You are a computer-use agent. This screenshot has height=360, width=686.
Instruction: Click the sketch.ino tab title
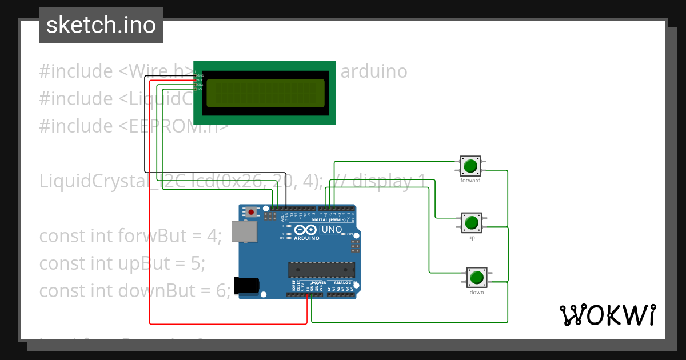(101, 25)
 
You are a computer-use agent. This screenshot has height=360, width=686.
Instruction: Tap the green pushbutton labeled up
(471, 222)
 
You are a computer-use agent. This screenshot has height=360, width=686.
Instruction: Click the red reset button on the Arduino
(251, 212)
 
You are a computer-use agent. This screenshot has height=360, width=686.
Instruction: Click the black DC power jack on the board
(246, 285)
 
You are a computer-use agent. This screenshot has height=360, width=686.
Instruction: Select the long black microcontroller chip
(321, 270)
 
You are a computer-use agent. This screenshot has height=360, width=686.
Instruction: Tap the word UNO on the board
(332, 230)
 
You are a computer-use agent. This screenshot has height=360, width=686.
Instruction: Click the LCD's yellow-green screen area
(265, 93)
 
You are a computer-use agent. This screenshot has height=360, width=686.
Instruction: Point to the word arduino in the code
(374, 71)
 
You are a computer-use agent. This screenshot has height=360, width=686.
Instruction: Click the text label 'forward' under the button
(470, 181)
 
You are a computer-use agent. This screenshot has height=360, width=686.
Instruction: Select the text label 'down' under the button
(477, 293)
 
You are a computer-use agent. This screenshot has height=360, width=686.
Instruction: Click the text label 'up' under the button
(472, 238)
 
